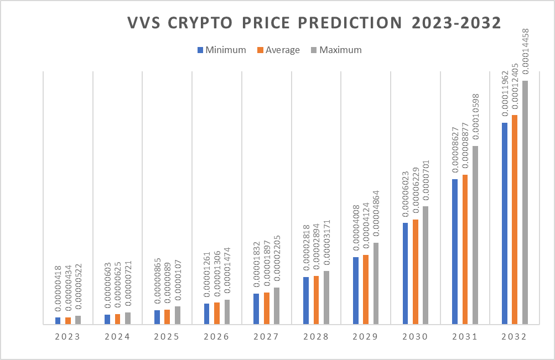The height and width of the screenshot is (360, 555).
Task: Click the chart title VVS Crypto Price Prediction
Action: coord(314,23)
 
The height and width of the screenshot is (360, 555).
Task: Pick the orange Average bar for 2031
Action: coord(465,249)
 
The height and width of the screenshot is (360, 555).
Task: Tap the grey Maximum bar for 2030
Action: coord(425,265)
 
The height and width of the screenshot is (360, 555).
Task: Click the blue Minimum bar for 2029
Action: coord(356,290)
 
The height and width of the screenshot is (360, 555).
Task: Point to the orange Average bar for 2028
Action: coord(316,300)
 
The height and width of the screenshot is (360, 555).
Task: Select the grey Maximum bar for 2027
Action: coord(276,305)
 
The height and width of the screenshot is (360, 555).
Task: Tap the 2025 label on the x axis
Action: coord(167,337)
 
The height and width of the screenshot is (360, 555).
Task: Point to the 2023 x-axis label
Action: coord(68,337)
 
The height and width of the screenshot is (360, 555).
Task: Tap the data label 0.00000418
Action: coord(58,291)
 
